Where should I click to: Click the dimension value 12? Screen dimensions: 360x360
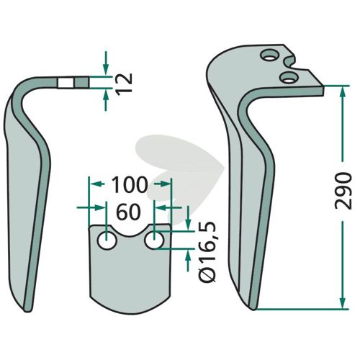click(125, 84)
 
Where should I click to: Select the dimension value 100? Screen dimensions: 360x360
click(129, 184)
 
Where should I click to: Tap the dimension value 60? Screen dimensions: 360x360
click(128, 212)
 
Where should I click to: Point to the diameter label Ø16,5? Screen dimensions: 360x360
click(208, 252)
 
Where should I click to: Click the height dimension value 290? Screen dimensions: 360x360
click(343, 191)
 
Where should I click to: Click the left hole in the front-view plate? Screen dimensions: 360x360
click(107, 240)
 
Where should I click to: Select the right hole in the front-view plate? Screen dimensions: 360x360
click(155, 240)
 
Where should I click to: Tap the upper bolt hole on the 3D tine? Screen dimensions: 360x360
click(270, 55)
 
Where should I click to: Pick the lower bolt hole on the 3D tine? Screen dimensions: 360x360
click(289, 77)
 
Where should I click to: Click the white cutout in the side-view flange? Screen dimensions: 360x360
click(66, 83)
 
